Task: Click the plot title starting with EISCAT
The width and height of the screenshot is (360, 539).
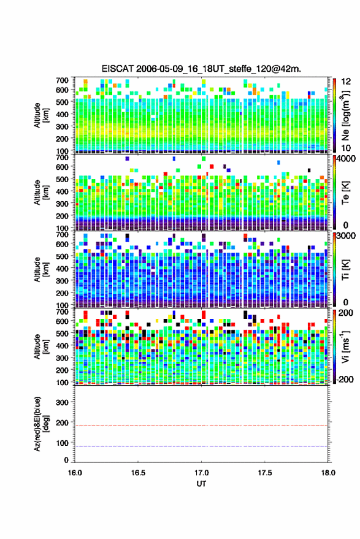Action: coord(201,69)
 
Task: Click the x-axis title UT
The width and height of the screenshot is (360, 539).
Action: coord(201,484)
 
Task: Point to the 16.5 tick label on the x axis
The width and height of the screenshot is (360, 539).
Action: coord(138,473)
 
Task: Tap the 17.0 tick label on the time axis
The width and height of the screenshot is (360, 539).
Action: coord(201,473)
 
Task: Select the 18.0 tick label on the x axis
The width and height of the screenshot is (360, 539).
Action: coord(328,473)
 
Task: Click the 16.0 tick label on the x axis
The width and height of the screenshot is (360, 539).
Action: coord(75,473)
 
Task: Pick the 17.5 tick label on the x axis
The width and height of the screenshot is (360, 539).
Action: coord(264,473)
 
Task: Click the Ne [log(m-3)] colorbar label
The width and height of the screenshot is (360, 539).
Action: coord(346,115)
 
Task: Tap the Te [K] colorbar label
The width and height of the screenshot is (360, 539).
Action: coord(345,193)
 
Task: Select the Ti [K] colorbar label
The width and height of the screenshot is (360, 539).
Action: coord(345,270)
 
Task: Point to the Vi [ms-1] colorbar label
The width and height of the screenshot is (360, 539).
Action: coord(345,346)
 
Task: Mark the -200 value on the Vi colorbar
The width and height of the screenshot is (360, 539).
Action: coord(345,380)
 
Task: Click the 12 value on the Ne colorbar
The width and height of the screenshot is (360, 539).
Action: coord(346,82)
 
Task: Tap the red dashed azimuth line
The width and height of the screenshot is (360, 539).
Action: coord(201,426)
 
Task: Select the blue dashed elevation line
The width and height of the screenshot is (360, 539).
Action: coord(201,446)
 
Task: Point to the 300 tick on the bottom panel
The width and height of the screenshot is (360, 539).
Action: coord(62,402)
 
